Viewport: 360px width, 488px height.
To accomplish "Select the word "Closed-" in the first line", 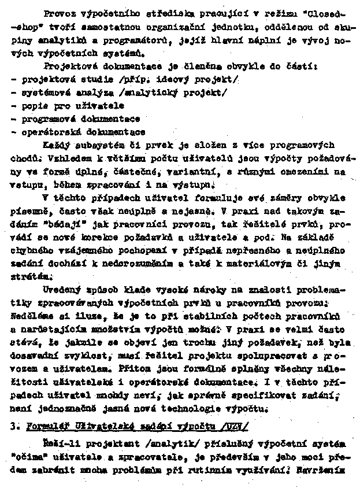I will (317, 12).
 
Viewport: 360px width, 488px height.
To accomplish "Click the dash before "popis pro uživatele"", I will (13, 106).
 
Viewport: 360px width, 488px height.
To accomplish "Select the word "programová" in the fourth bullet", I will (46, 119).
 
